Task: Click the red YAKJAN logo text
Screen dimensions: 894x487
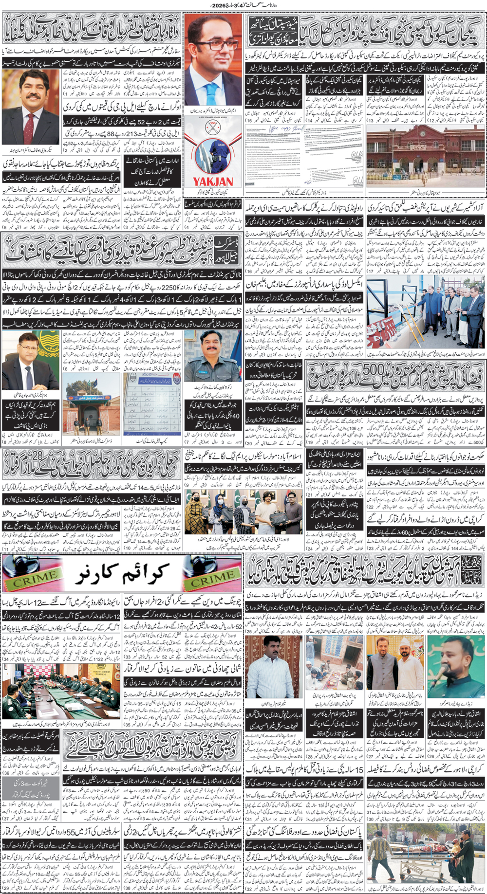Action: coord(213,182)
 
